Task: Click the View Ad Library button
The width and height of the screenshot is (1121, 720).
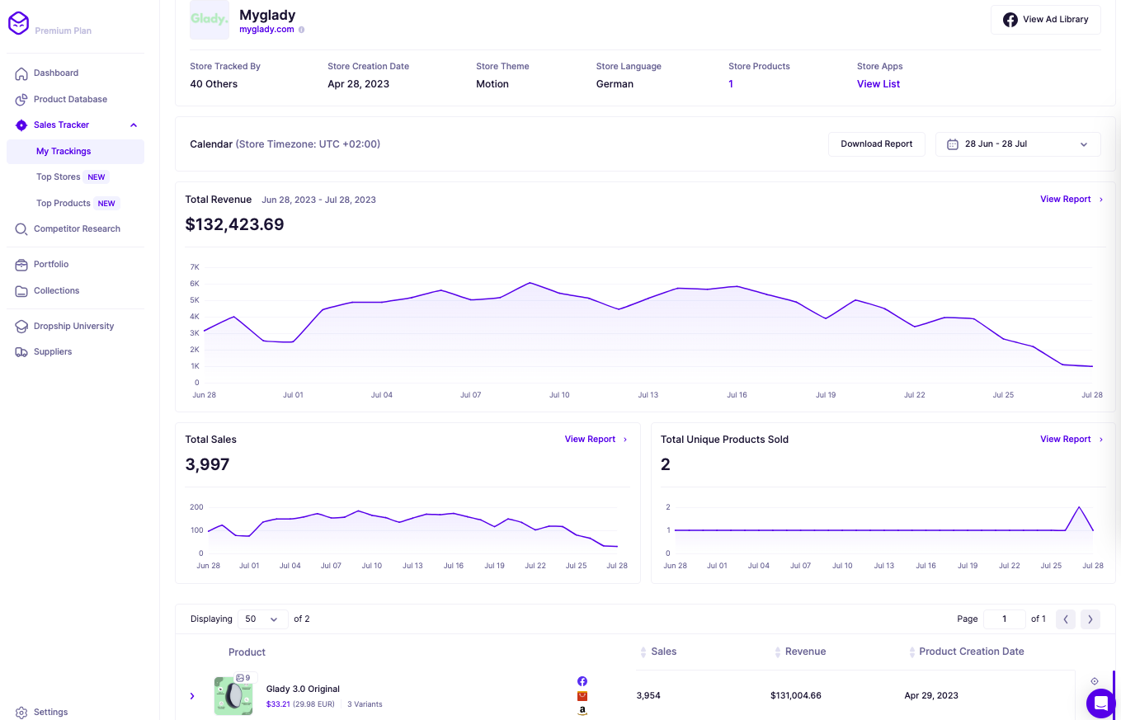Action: click(1045, 20)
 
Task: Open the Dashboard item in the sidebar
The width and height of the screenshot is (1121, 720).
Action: click(55, 73)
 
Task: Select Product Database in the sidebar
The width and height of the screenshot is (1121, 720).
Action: click(70, 99)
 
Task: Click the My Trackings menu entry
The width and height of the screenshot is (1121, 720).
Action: click(64, 151)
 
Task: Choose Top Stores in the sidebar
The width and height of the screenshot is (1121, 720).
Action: click(59, 176)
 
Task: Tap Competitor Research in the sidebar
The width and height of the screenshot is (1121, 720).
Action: click(77, 228)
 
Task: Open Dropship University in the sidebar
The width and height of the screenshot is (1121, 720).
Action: click(73, 326)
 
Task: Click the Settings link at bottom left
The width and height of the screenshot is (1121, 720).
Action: click(50, 712)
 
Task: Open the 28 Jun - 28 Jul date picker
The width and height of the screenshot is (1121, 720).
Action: click(1017, 144)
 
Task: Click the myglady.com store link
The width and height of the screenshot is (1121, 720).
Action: click(266, 30)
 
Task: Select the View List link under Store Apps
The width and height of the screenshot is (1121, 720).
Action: click(878, 84)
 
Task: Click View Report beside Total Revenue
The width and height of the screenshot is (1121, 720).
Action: click(1065, 200)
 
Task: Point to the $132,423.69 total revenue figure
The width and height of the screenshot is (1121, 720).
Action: click(234, 224)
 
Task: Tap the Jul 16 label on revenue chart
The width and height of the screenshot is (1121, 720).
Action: click(737, 395)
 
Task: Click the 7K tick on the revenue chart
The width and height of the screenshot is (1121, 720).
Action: click(195, 267)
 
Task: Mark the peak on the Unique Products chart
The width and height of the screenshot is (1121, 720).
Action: click(1079, 507)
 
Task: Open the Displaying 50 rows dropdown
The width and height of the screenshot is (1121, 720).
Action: click(262, 619)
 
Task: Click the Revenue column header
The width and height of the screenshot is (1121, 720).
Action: click(805, 652)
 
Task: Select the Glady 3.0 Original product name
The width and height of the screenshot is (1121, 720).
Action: click(303, 689)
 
